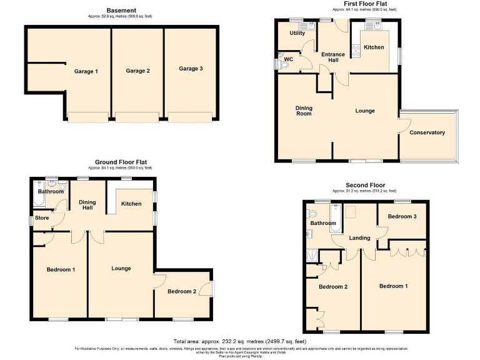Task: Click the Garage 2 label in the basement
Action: (137, 71)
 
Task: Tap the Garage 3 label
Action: (191, 69)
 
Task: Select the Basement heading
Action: (120, 11)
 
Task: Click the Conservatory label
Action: (427, 132)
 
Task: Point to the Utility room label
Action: (297, 33)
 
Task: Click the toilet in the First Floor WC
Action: (285, 62)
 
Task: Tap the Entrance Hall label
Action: (333, 57)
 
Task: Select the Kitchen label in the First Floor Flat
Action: (374, 47)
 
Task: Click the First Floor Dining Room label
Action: (304, 111)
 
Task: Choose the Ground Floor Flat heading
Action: (121, 162)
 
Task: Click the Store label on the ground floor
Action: (42, 218)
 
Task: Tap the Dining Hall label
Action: (86, 204)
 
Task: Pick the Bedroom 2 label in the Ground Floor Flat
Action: (181, 291)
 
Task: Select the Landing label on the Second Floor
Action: (359, 238)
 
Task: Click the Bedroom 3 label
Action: (402, 216)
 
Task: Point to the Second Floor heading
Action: (366, 185)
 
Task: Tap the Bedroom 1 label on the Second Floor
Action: (394, 286)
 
